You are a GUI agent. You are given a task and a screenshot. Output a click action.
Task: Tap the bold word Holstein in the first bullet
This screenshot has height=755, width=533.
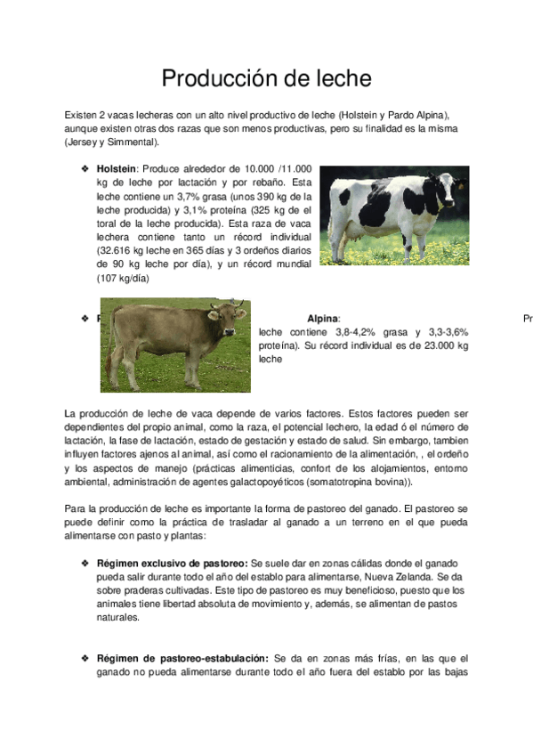(116, 167)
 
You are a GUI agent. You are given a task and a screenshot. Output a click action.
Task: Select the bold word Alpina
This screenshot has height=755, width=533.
(322, 318)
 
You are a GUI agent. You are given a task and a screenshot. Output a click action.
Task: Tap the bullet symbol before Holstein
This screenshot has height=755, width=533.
(85, 167)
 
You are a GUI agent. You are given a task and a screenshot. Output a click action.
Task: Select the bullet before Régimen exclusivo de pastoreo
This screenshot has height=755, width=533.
(85, 564)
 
